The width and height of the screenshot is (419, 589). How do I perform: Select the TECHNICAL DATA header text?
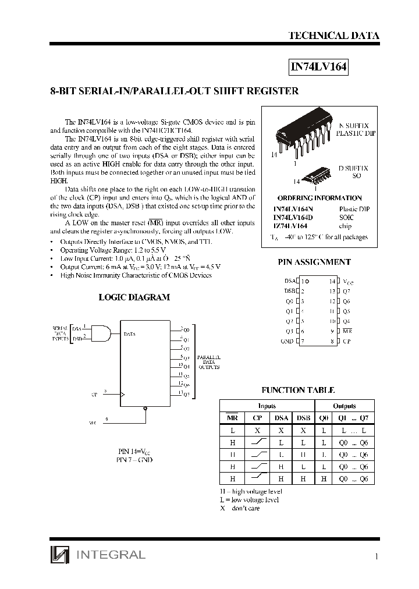[333, 36]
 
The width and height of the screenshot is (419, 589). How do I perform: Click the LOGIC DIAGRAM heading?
[134, 297]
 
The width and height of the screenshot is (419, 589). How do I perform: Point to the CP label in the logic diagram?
[94, 395]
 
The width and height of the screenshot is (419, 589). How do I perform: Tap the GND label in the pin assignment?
[287, 341]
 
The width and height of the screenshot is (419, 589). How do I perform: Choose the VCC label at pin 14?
[349, 281]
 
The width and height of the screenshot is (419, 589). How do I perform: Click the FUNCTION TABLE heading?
[298, 390]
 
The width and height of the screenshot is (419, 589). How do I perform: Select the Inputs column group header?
[267, 406]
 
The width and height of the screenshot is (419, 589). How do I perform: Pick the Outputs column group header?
[344, 406]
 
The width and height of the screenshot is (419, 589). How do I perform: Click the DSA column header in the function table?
[281, 418]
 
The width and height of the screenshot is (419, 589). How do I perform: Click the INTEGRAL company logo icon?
[59, 555]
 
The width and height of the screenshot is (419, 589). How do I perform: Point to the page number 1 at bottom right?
[377, 557]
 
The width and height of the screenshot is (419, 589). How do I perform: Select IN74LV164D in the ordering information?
[293, 217]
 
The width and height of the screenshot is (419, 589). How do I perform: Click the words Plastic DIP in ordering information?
[354, 209]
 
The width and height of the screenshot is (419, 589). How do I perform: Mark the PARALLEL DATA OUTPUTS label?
[208, 363]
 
